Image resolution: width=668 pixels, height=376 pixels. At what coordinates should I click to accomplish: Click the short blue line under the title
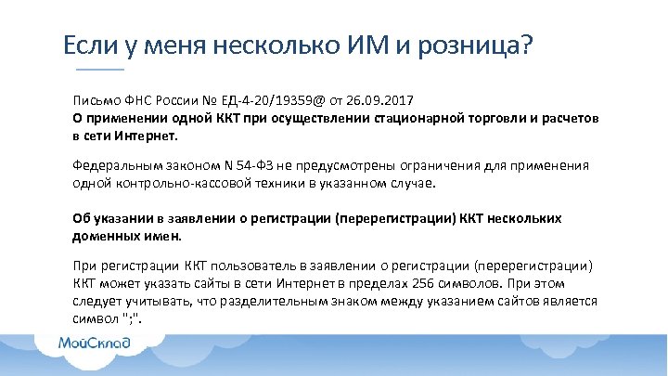point(98,71)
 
